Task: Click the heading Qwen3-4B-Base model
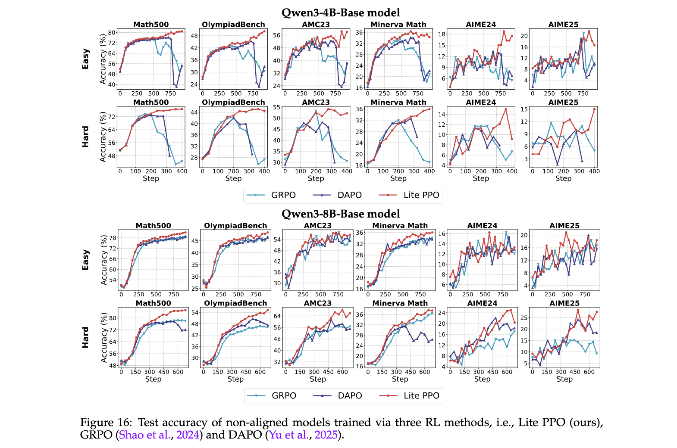click(x=341, y=13)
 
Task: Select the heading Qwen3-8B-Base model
click(x=341, y=214)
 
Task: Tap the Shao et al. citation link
click(x=144, y=435)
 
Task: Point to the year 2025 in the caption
click(x=326, y=435)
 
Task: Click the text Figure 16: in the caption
click(x=106, y=423)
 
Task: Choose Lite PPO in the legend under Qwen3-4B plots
click(x=421, y=195)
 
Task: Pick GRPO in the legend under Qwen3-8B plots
click(x=284, y=396)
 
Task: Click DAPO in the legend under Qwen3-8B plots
click(x=350, y=396)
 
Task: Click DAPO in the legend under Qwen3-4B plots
click(x=349, y=195)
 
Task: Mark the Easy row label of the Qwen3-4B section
click(x=86, y=59)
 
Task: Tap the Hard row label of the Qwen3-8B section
click(x=86, y=337)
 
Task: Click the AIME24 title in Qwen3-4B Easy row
click(x=481, y=25)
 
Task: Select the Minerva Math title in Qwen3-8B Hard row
click(x=400, y=303)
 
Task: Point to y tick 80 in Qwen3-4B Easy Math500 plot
click(x=112, y=33)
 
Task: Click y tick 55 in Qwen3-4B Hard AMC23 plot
click(x=277, y=107)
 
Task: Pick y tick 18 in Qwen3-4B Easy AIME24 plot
click(x=442, y=34)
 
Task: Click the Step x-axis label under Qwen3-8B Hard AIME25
click(x=564, y=379)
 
